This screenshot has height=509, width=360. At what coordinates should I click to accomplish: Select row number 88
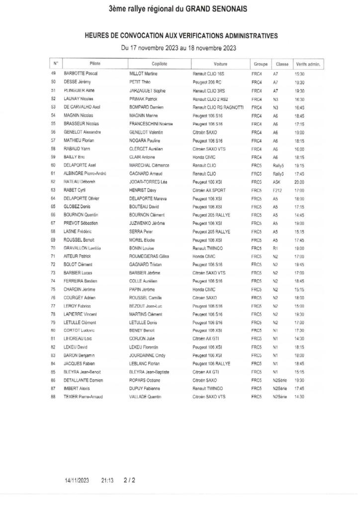point(53,396)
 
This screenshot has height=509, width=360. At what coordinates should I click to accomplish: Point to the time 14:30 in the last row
point(299,396)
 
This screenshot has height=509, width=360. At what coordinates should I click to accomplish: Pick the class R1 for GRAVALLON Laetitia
point(275,248)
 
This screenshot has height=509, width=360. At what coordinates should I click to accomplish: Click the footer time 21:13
point(107,481)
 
